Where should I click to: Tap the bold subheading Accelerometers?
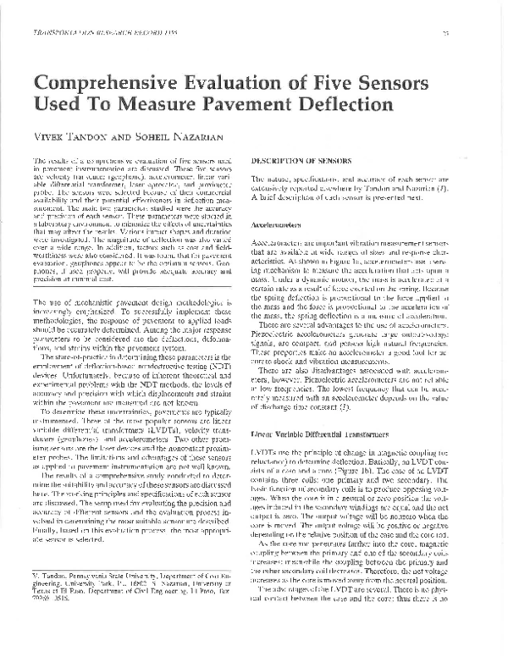coord(279,228)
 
